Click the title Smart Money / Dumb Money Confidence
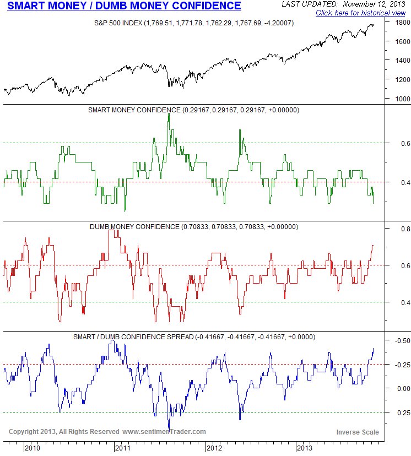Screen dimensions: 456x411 point(124,6)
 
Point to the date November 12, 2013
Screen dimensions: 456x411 point(372,4)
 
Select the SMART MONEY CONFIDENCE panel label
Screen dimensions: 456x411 point(193,110)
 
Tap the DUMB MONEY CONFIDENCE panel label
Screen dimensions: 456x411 point(193,226)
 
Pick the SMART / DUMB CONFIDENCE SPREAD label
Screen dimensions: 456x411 point(194,336)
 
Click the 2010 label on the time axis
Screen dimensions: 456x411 point(33,448)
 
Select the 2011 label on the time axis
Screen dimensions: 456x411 point(124,448)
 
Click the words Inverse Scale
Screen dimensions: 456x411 point(356,432)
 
